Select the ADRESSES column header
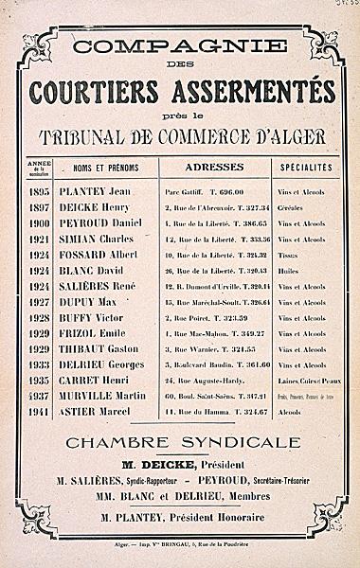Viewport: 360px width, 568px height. pyautogui.click(x=214, y=167)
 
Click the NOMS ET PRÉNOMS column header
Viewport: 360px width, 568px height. pyautogui.click(x=105, y=168)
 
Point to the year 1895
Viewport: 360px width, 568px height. pyautogui.click(x=38, y=191)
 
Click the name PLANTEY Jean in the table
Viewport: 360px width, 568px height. pyautogui.click(x=103, y=191)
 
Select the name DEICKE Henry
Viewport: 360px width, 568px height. pyautogui.click(x=103, y=207)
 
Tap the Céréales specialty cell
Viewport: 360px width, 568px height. pyautogui.click(x=292, y=207)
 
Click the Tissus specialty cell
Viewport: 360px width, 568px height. pyautogui.click(x=288, y=255)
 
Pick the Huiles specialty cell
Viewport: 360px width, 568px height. pyautogui.click(x=288, y=271)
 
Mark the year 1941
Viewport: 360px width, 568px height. pyautogui.click(x=38, y=413)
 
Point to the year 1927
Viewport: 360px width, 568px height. pyautogui.click(x=38, y=302)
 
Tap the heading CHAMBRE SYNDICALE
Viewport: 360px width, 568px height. pyautogui.click(x=181, y=443)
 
